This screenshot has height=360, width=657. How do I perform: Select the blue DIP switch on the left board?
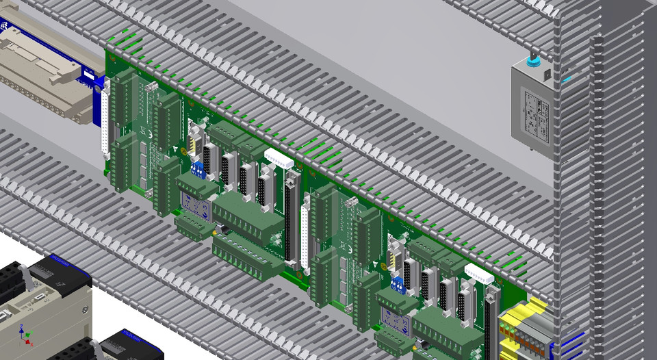coord(198,169)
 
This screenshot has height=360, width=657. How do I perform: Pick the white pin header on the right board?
coord(479,274)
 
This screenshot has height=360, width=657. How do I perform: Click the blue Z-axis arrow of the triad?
coord(23,328)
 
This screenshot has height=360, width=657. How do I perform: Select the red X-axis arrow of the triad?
coord(29,336)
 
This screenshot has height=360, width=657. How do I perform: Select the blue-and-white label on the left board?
coord(194,204)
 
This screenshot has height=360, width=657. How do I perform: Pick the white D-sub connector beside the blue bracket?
coord(105,123)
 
